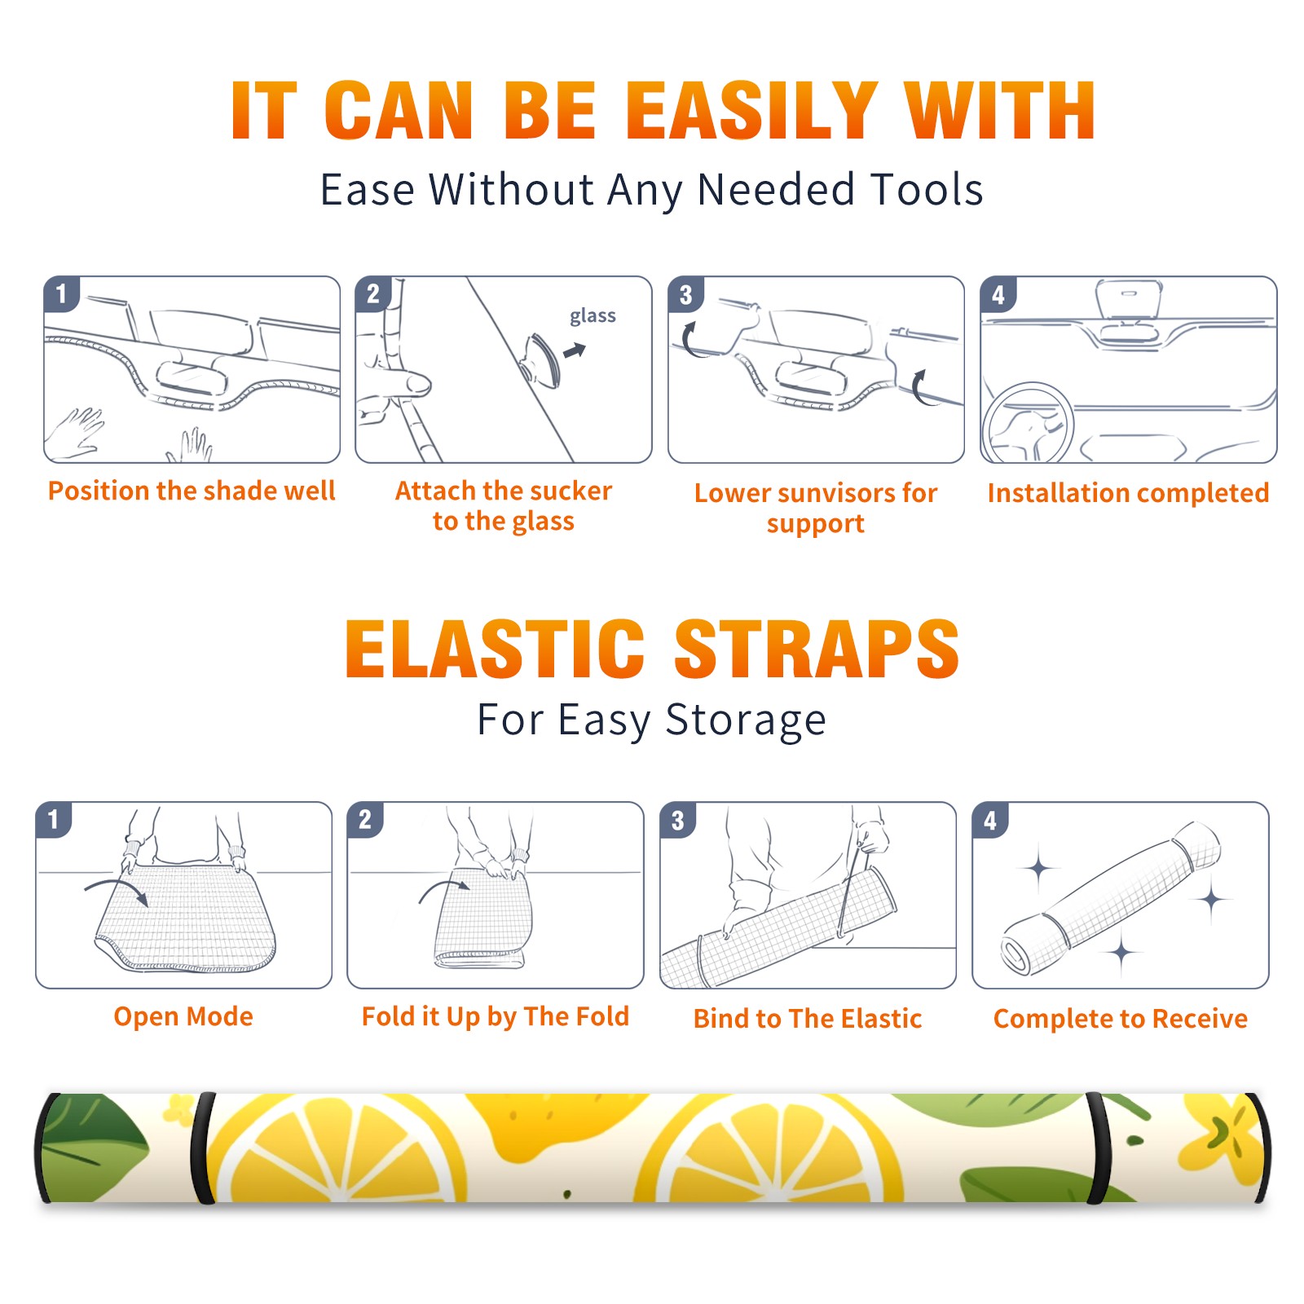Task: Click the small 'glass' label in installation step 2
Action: pyautogui.click(x=593, y=316)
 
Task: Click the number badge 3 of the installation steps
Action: pyautogui.click(x=685, y=295)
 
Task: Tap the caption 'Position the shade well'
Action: pyautogui.click(x=192, y=491)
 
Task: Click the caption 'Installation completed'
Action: pyautogui.click(x=1128, y=493)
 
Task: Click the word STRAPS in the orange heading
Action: pyautogui.click(x=817, y=649)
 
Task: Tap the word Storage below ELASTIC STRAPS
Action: pyautogui.click(x=746, y=721)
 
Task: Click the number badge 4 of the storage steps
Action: pyautogui.click(x=990, y=821)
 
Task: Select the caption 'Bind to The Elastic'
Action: pyautogui.click(x=808, y=1019)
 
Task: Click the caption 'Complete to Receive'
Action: pyautogui.click(x=1121, y=1019)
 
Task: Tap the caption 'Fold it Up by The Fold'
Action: pyautogui.click(x=496, y=1017)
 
